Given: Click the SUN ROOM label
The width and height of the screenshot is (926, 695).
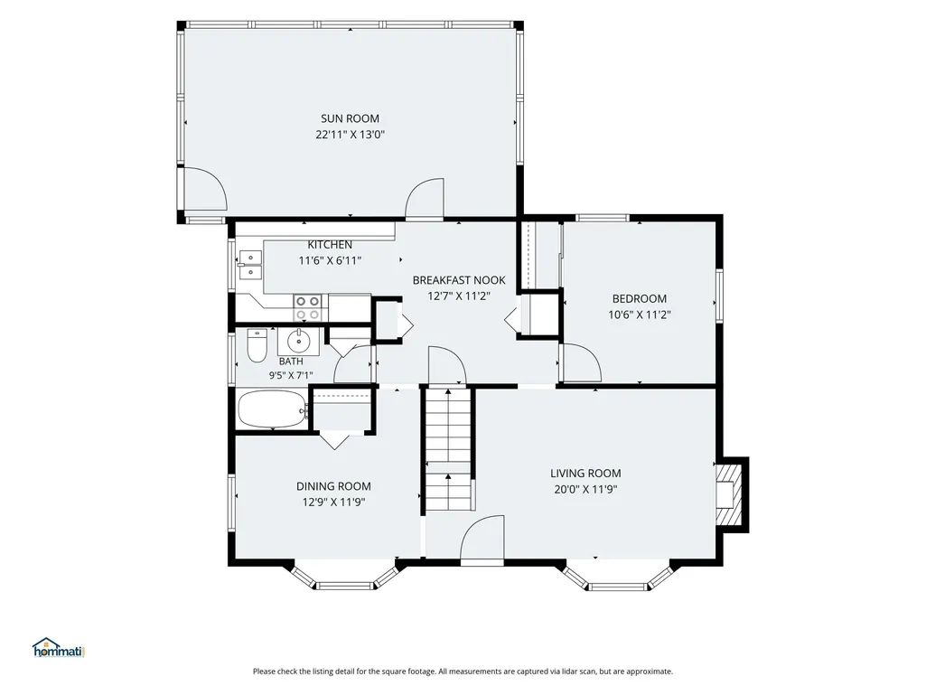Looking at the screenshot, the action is (350, 118).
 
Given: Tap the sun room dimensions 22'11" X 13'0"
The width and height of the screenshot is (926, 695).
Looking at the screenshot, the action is (350, 134).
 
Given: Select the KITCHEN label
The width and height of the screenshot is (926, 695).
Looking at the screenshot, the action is (330, 244).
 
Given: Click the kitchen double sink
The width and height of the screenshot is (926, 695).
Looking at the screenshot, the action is (250, 265).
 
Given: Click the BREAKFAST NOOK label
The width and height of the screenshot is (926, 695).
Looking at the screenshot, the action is (459, 280).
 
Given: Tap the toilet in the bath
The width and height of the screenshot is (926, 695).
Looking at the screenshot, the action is (257, 345).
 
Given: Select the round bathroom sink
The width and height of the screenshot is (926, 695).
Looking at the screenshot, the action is (299, 341).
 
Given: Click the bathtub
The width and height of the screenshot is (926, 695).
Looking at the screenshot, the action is (272, 409).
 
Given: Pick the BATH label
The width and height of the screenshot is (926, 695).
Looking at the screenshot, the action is (291, 362).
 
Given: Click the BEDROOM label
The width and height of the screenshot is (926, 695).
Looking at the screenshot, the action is (639, 298).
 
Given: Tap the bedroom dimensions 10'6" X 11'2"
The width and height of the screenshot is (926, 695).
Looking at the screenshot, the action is (639, 315).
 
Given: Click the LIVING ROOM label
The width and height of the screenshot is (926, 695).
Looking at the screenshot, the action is (585, 473).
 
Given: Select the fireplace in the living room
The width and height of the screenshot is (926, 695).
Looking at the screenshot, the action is (731, 494).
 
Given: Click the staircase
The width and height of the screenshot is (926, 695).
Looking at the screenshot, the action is (449, 448).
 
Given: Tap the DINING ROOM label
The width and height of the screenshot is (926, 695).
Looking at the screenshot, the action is (333, 486).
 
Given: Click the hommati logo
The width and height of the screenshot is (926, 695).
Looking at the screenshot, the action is (59, 648).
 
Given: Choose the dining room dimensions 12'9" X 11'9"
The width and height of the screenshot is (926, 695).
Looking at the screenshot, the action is (333, 502).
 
